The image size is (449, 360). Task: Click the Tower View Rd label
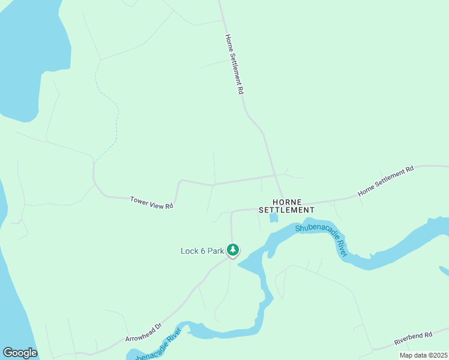(151, 202)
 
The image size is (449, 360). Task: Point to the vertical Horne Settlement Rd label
(234, 64)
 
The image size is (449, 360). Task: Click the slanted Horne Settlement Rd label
(386, 181)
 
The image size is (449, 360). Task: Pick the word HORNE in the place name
(286, 202)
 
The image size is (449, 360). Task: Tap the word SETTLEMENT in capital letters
(286, 211)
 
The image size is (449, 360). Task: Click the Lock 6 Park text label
(202, 251)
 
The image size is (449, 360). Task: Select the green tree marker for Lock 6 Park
(233, 250)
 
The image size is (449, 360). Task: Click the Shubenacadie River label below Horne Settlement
(322, 239)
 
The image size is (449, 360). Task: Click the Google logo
(20, 353)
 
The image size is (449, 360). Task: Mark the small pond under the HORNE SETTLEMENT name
(274, 218)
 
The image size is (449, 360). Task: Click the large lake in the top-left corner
(24, 48)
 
